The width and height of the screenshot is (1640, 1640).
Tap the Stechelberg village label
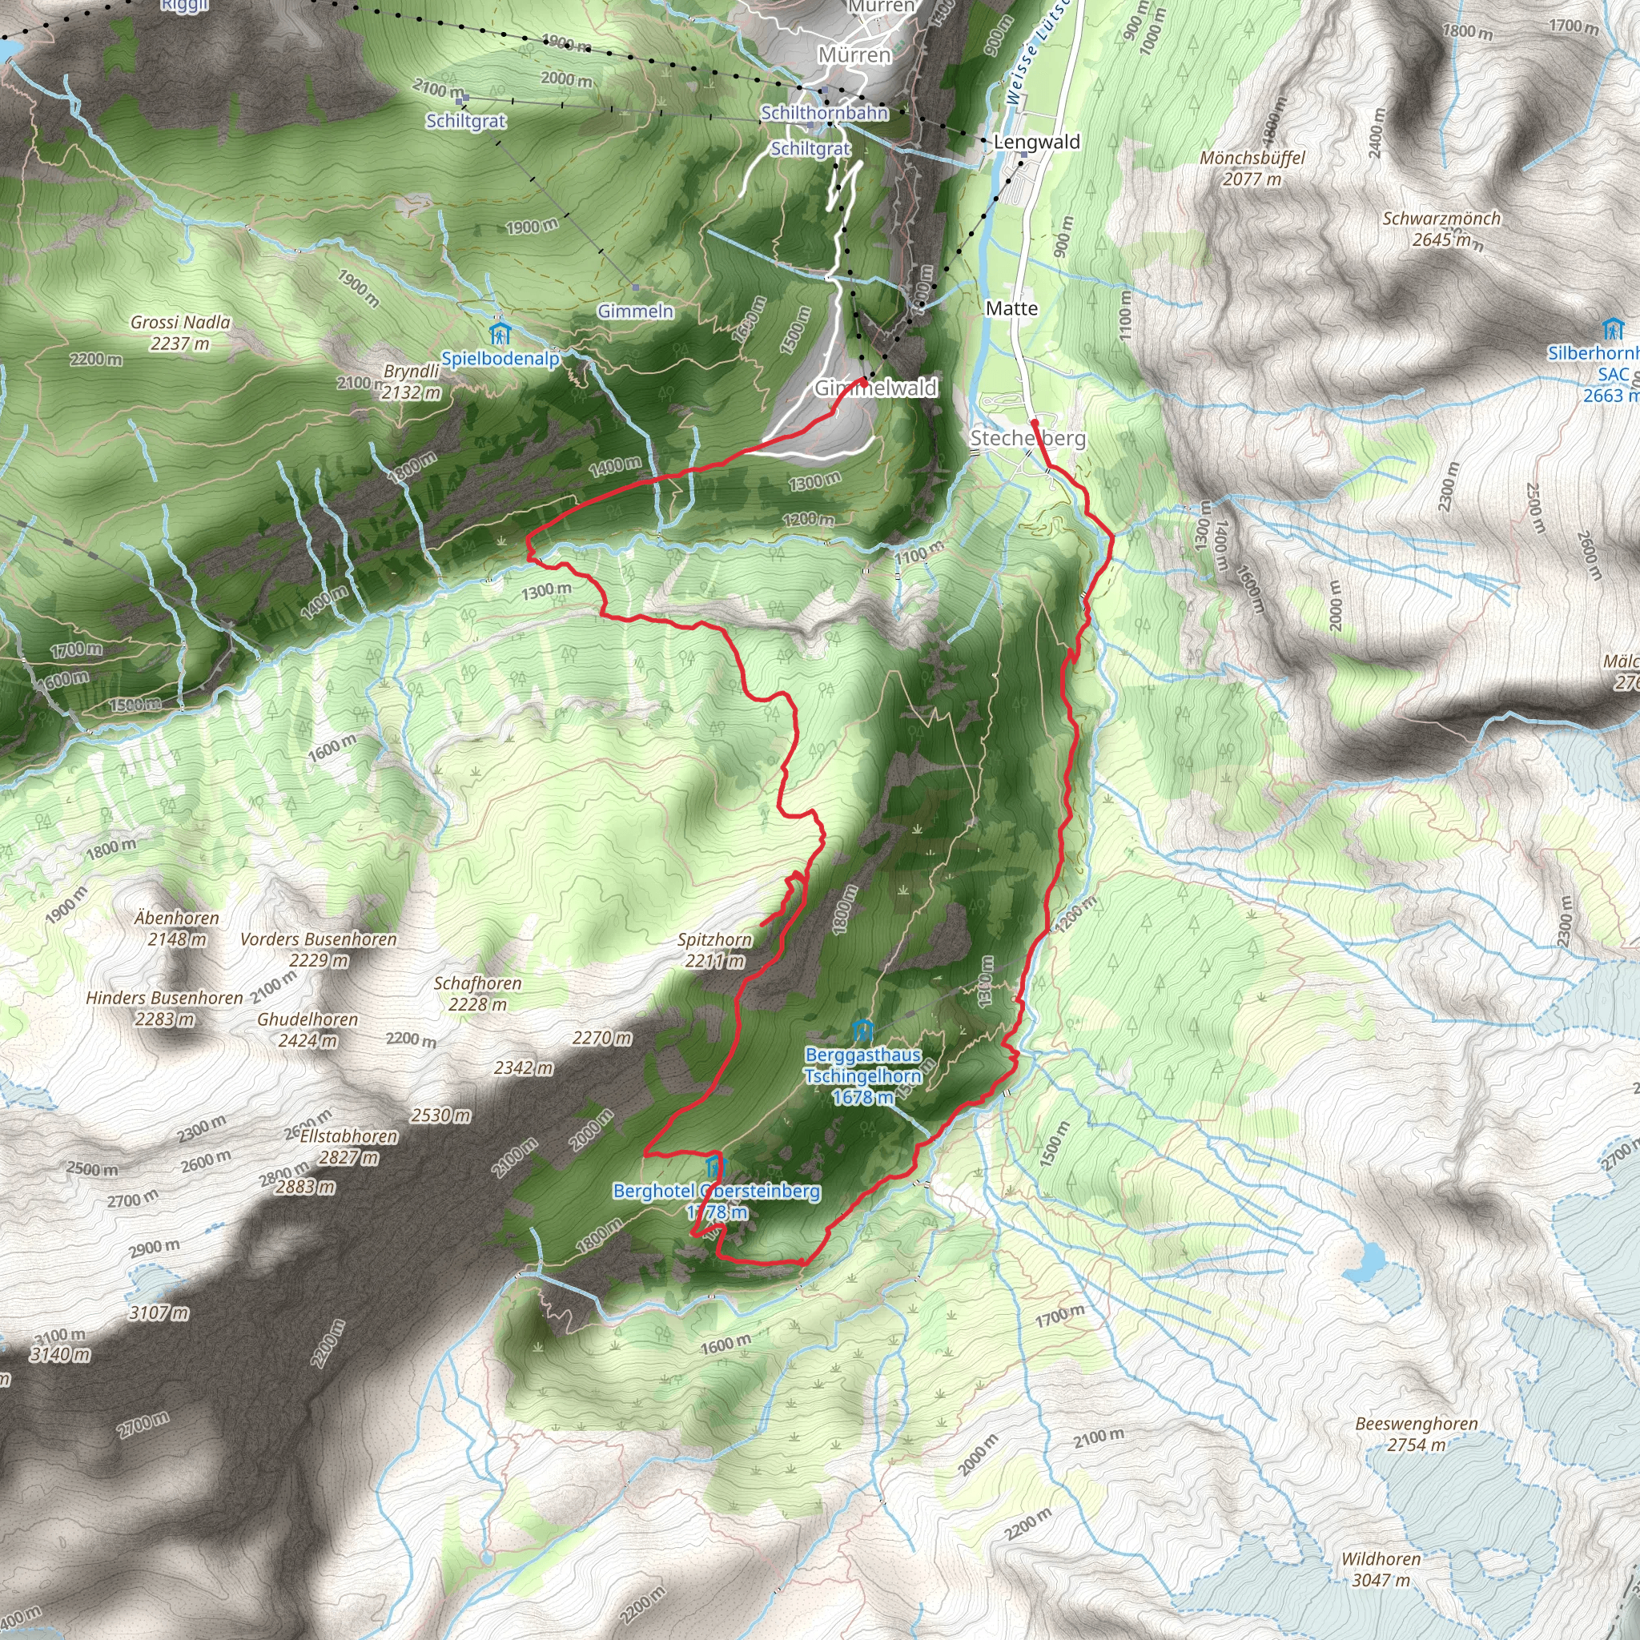[1027, 438]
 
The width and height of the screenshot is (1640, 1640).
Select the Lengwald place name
[1036, 142]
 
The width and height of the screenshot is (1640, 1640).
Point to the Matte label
[1012, 308]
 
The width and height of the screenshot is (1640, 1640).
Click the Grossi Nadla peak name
[180, 323]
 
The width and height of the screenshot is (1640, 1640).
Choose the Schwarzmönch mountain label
[1441, 219]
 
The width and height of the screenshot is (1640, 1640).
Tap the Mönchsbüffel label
[1252, 158]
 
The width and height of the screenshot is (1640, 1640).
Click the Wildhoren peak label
[1381, 1558]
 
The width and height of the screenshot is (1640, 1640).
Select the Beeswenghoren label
[1416, 1424]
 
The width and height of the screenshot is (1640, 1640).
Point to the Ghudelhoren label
[307, 1019]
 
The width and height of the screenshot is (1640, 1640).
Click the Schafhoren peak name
[477, 983]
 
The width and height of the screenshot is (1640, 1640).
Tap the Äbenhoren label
[176, 918]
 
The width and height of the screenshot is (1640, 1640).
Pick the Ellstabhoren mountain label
[348, 1136]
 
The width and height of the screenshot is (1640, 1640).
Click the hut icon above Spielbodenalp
[499, 332]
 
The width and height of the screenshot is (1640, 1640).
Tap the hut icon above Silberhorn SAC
[1611, 328]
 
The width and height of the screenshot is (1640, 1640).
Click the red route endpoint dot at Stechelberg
[1034, 422]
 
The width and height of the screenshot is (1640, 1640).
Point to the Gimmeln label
[635, 312]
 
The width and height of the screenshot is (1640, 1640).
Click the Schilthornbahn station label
[824, 113]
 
